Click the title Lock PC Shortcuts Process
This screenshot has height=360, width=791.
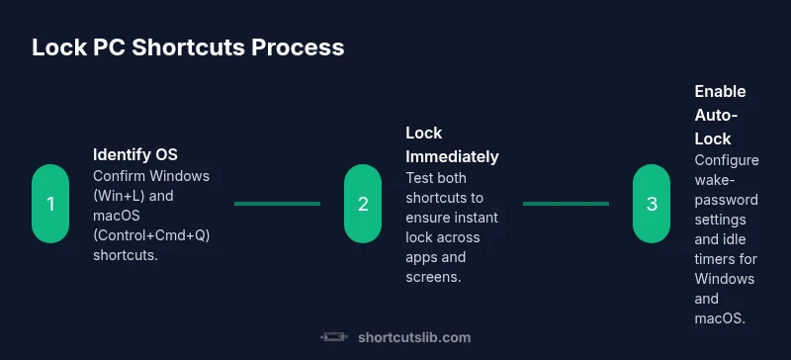pos(188,47)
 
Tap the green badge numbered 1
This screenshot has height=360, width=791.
pos(50,204)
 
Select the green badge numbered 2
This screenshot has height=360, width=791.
pos(363,204)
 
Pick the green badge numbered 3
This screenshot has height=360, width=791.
pos(652,204)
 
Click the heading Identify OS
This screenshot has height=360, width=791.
pos(135,154)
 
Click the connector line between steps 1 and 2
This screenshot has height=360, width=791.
pos(277,204)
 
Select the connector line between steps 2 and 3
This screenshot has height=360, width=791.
pos(566,204)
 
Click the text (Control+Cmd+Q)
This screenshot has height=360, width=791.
pos(152,234)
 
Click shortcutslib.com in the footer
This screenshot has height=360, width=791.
pos(413,337)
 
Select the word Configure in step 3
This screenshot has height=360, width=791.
pos(727,159)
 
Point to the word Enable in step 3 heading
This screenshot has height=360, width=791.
pos(720,91)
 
